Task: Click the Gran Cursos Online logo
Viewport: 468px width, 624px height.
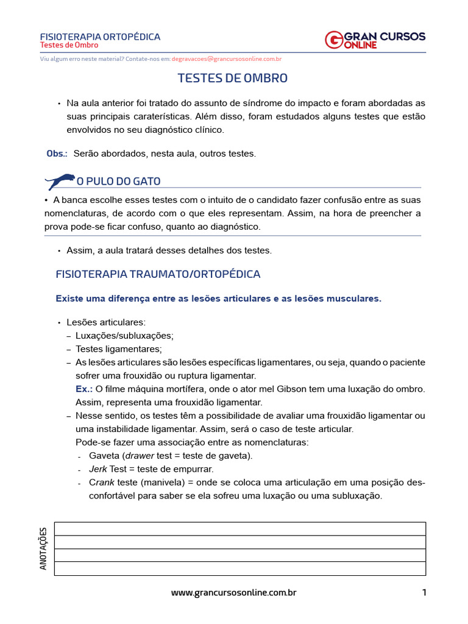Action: [x=375, y=40]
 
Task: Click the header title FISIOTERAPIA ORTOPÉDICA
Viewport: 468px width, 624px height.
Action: [x=100, y=37]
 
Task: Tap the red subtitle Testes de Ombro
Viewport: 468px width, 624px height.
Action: [x=69, y=46]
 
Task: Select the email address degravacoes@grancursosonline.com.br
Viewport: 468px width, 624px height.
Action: [x=226, y=59]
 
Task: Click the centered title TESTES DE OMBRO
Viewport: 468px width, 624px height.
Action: [x=232, y=79]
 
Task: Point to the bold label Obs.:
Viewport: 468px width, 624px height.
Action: [x=57, y=154]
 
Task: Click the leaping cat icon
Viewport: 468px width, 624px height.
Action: [x=60, y=181]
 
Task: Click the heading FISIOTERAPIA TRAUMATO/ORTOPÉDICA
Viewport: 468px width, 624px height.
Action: [x=158, y=274]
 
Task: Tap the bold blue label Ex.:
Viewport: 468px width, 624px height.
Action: [x=84, y=389]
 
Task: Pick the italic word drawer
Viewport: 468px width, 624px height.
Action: [x=140, y=456]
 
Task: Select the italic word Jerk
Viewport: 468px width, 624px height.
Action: [x=98, y=469]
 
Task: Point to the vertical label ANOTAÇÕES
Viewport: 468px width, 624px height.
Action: [x=43, y=549]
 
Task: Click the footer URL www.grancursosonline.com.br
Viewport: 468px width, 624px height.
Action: [x=233, y=592]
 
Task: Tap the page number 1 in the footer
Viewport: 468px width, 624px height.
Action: [x=424, y=592]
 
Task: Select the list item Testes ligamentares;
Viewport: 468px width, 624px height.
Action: [x=118, y=349]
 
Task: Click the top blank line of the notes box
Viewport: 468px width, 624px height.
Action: [x=240, y=529]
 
